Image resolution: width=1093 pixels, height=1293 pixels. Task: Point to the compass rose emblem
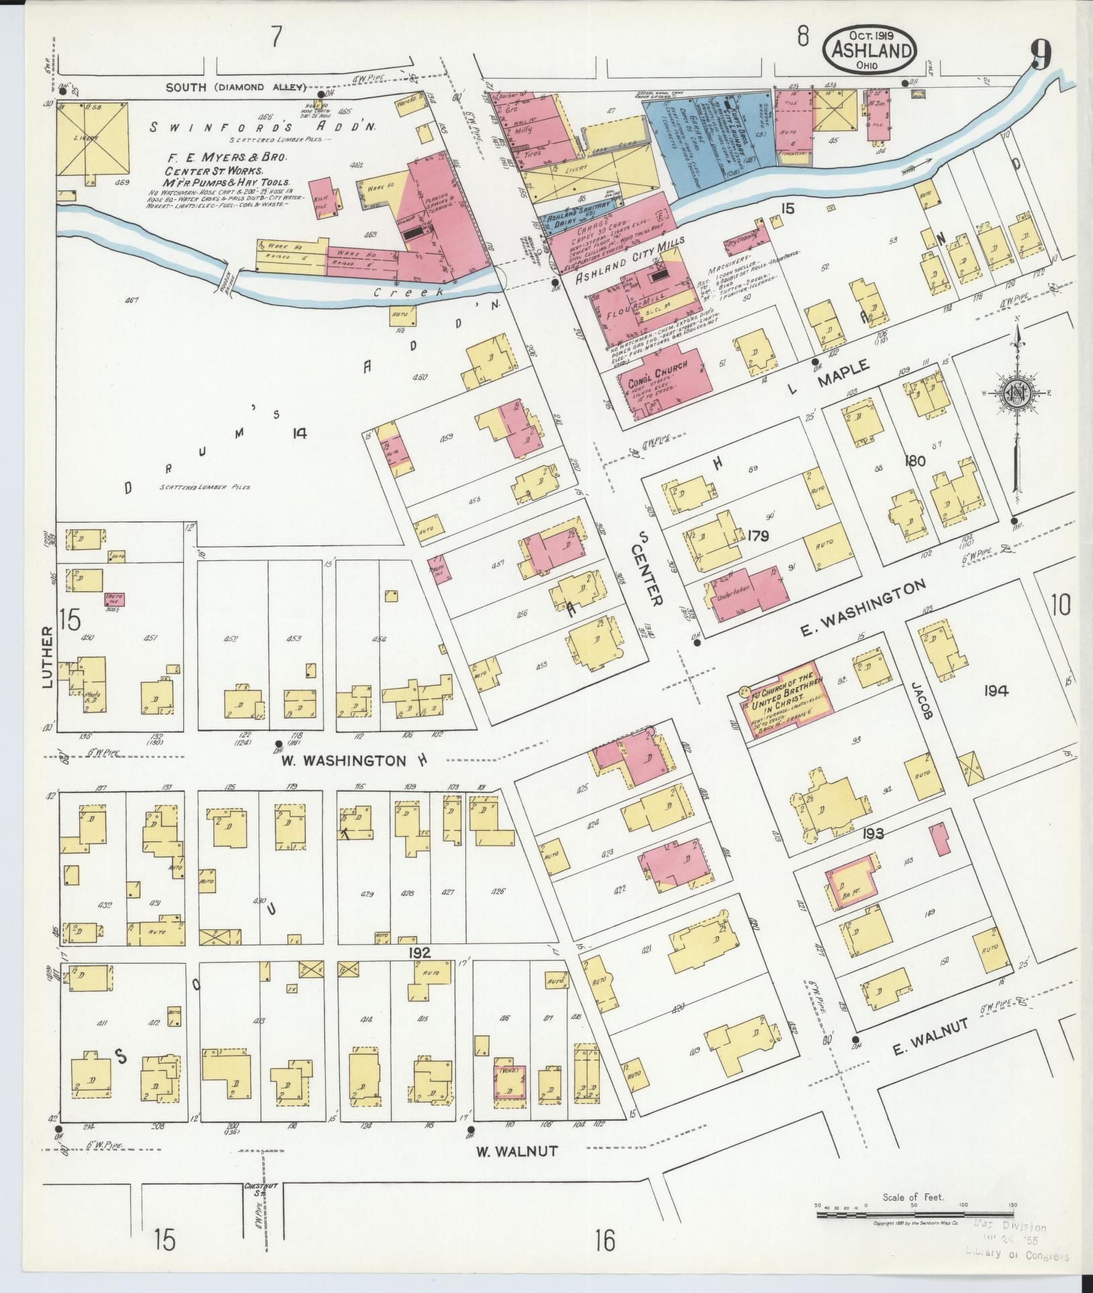[x=1018, y=393]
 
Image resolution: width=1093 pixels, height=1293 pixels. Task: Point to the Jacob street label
[x=924, y=701]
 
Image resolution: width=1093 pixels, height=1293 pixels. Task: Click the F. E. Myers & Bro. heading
[x=228, y=158]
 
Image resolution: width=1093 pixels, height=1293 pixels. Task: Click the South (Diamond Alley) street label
[x=236, y=87]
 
